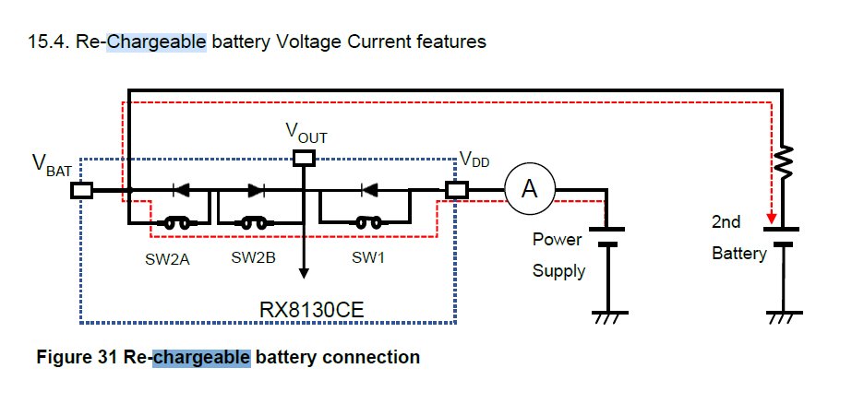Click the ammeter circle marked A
[529, 189]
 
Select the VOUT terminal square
[303, 159]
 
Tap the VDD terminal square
[456, 190]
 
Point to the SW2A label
[166, 259]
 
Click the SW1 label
[368, 258]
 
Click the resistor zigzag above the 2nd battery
[783, 162]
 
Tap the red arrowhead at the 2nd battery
[769, 220]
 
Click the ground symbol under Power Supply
[606, 316]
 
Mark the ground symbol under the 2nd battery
[783, 316]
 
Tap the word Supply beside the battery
[558, 271]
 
